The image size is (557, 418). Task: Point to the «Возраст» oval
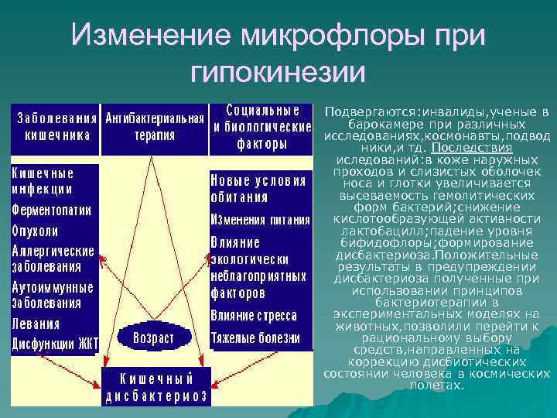click(x=153, y=338)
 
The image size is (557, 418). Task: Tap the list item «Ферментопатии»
click(x=51, y=210)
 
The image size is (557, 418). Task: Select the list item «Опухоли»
click(x=36, y=231)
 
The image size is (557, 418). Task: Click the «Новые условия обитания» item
click(x=258, y=188)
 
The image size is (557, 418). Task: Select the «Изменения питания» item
click(x=260, y=220)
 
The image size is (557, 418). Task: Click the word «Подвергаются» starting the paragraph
click(x=364, y=112)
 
